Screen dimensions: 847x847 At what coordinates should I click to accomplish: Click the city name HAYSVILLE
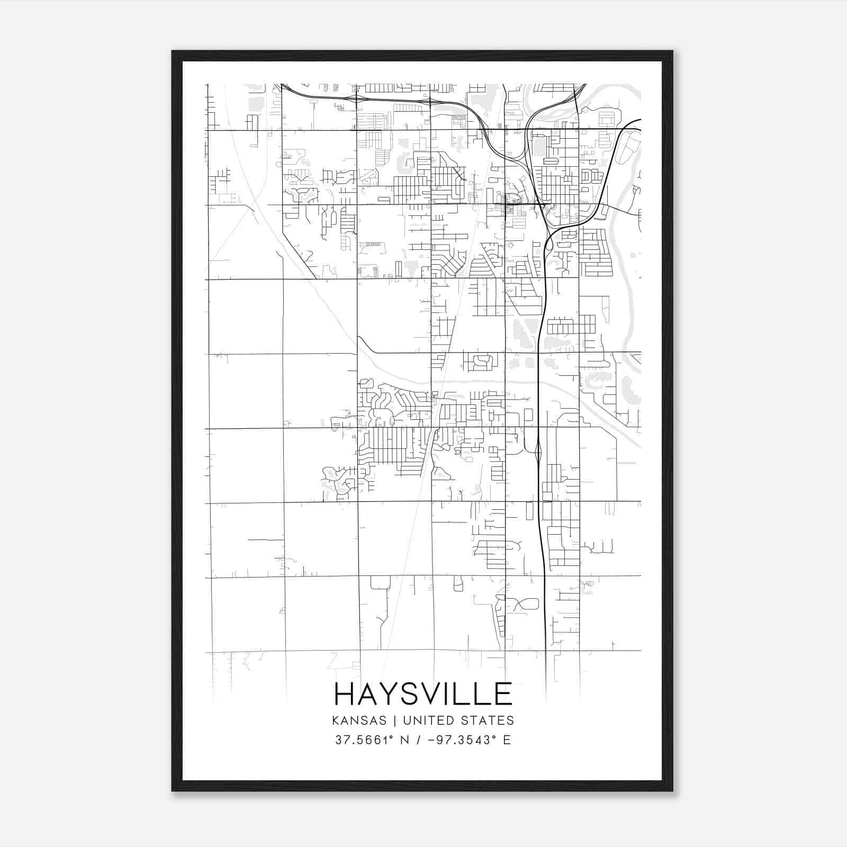[x=424, y=694]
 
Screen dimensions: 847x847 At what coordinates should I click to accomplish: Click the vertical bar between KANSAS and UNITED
[x=398, y=720]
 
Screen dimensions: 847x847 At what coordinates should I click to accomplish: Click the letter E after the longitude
[x=507, y=740]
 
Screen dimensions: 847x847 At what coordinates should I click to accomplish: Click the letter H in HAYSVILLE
[x=345, y=694]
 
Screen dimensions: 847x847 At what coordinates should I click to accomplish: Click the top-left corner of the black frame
[x=173, y=51]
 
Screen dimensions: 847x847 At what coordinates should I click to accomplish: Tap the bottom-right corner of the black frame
[x=672, y=791]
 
